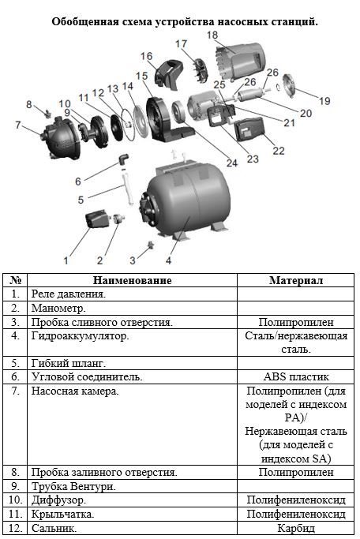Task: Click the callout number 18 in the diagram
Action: [212, 35]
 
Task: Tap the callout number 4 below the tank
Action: [168, 260]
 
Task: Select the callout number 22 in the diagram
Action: [279, 151]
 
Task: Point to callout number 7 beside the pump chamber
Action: [18, 125]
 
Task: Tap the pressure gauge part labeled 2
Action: [118, 219]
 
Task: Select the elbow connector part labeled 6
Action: [124, 159]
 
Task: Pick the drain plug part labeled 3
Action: [150, 245]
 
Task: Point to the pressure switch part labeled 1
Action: [97, 219]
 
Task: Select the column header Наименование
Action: [132, 280]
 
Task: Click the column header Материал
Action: [296, 280]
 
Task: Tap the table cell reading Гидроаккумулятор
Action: [80, 335]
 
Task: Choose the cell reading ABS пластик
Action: [296, 376]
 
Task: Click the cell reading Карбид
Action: [296, 528]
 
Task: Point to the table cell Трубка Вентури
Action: [73, 486]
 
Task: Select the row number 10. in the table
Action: [16, 500]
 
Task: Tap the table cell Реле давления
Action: [69, 294]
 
